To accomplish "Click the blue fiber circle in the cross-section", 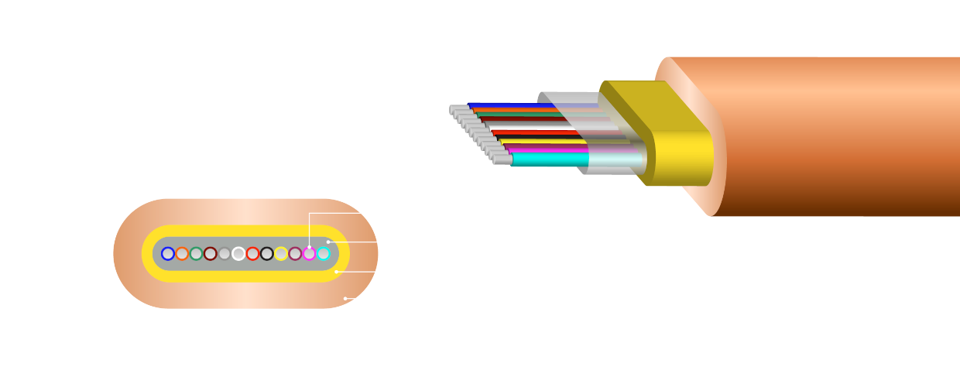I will click(168, 254).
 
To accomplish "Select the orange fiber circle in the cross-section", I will click(182, 254).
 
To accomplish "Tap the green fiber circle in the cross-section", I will click(196, 254).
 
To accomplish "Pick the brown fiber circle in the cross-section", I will click(210, 254).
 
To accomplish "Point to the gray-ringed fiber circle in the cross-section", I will click(225, 254).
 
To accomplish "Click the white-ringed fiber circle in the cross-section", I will click(238, 254).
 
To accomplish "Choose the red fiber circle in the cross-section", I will click(252, 254).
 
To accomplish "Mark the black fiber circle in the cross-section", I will click(267, 254).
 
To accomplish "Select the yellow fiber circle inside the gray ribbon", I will click(281, 254).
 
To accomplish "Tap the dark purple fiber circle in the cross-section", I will click(295, 254).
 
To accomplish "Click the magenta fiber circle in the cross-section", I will click(309, 254).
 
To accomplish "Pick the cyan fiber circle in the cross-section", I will click(324, 254).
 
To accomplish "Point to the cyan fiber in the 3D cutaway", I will click(550, 159).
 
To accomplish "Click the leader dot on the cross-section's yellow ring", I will click(336, 272).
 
